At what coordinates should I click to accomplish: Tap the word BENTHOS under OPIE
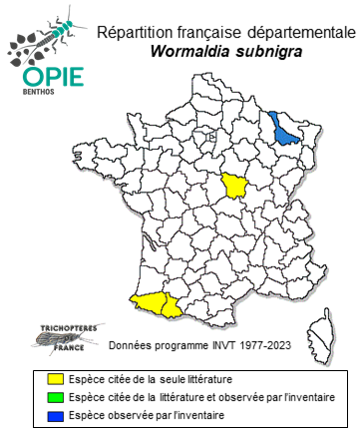(x=38, y=97)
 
